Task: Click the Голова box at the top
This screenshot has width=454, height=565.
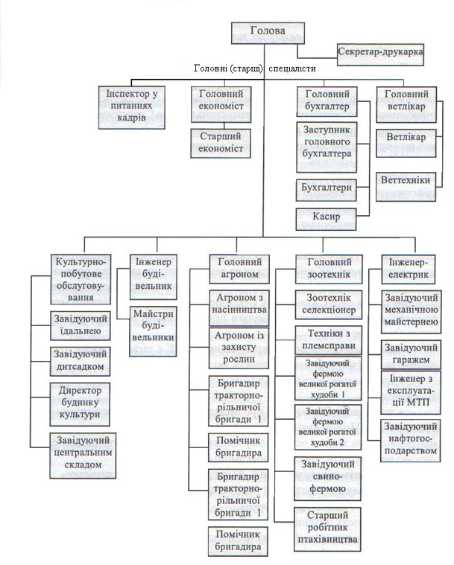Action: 268,33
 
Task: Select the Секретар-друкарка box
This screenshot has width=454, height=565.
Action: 380,54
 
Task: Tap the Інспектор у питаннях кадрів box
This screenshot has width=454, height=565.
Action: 132,107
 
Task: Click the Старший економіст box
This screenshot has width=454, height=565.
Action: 221,143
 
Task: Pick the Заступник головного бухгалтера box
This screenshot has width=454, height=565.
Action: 327,147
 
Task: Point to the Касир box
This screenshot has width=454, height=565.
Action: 327,218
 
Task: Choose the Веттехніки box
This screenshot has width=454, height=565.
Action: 406,186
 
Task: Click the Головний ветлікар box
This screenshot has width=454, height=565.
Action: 406,104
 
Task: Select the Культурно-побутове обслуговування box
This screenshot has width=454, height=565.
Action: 81,279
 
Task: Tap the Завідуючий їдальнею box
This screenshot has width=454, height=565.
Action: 81,326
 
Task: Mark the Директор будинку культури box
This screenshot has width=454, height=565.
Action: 80,404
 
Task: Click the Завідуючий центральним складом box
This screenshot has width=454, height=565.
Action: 83,456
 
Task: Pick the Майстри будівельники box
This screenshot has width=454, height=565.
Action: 154,331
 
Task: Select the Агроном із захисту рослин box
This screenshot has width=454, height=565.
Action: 239,348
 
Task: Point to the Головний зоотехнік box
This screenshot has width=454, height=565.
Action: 329,269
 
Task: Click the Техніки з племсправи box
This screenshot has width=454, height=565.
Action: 329,339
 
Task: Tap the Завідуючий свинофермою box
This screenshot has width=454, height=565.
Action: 328,478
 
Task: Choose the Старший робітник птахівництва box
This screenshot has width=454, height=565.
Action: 328,529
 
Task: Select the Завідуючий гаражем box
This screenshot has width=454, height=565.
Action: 411,354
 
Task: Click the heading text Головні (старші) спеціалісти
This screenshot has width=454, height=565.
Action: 255,68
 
